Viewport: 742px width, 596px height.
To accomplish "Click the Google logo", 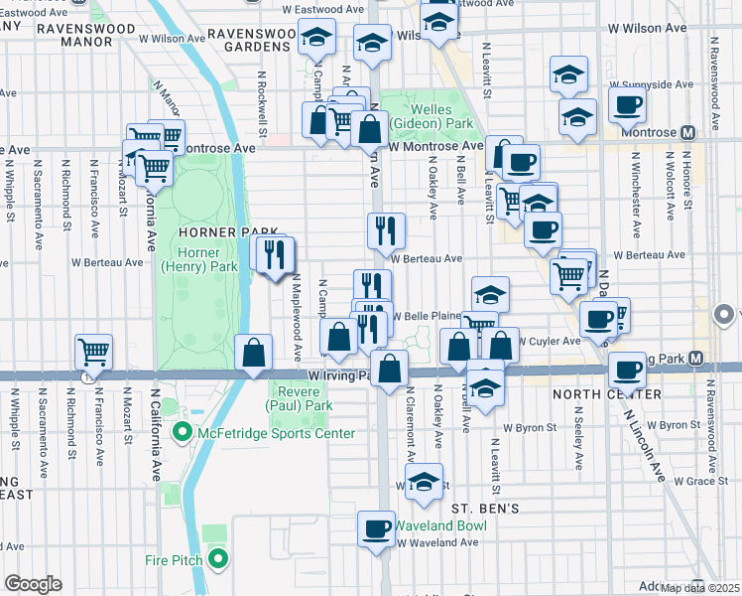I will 33,584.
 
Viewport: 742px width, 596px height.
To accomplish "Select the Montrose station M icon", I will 687,132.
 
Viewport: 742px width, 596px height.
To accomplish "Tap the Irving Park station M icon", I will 696,358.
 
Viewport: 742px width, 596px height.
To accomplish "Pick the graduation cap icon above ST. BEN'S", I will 425,481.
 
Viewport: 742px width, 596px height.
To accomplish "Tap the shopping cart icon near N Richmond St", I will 93,351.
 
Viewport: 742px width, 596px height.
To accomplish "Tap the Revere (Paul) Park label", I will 299,398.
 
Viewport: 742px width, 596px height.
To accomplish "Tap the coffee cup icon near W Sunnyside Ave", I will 627,104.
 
